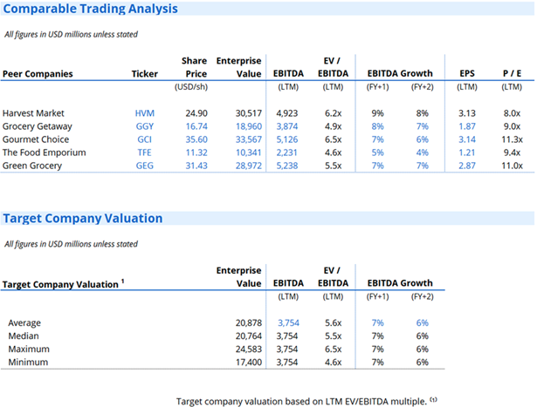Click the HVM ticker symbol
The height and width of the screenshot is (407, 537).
[x=144, y=113]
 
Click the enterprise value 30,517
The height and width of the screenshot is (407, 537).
[x=244, y=113]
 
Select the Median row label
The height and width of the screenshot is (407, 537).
[x=23, y=336]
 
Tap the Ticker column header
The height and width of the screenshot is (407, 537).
[x=145, y=74]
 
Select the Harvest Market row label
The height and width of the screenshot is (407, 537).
[x=33, y=113]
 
